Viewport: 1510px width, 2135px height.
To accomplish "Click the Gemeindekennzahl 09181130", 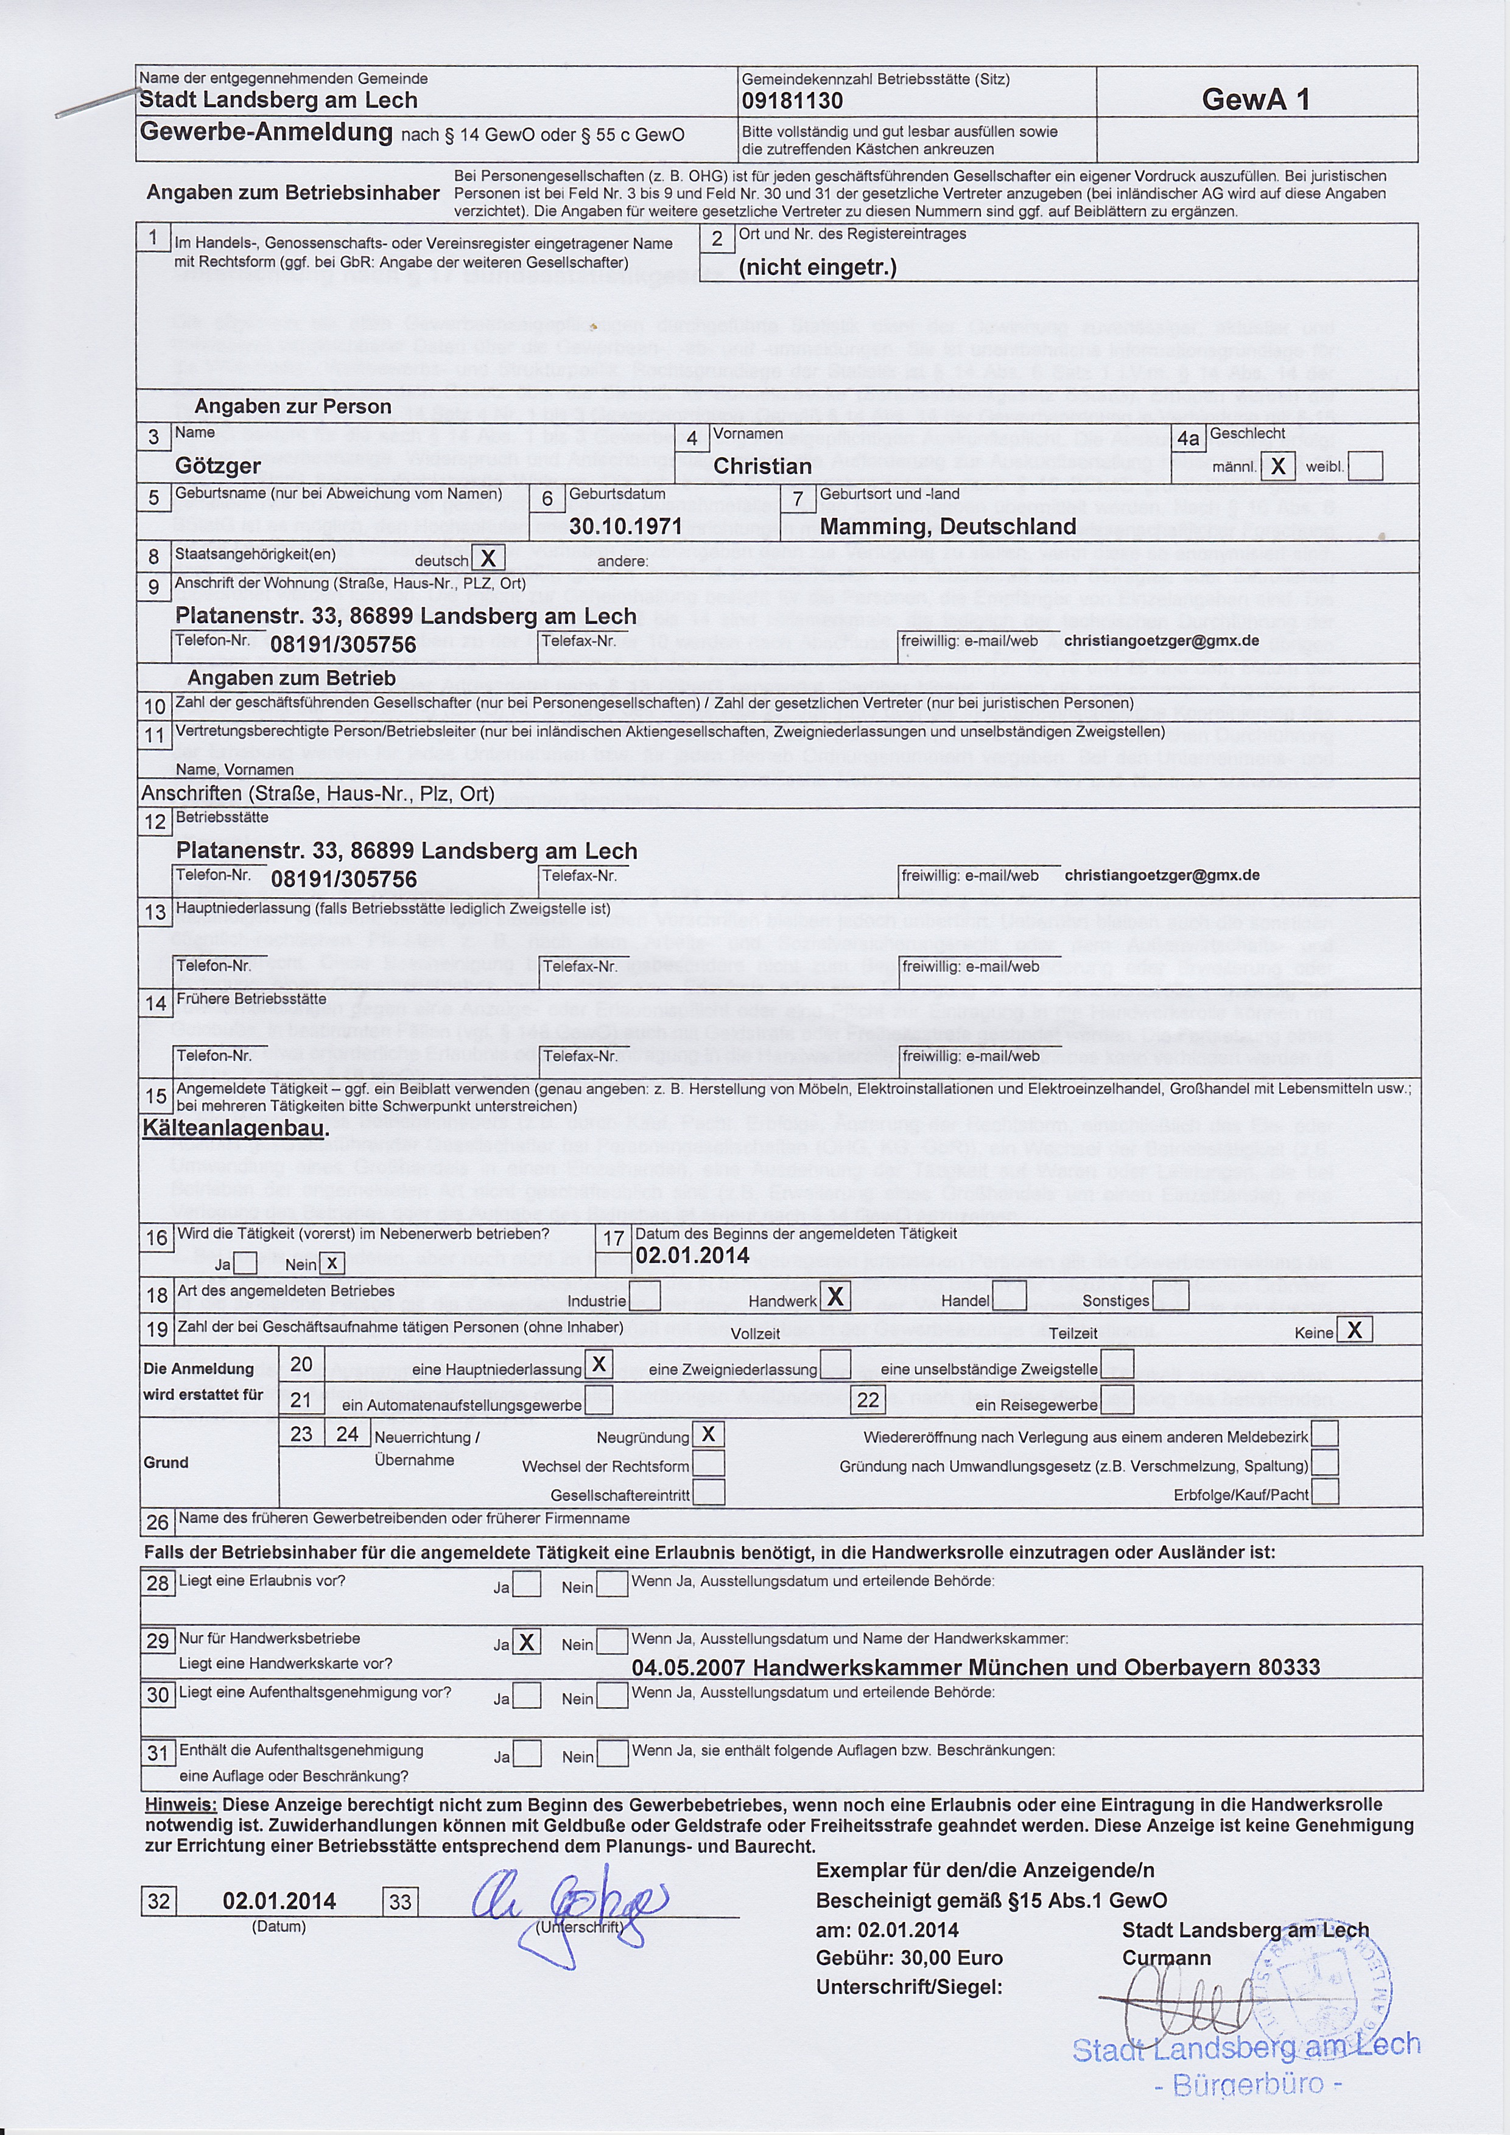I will click(x=793, y=100).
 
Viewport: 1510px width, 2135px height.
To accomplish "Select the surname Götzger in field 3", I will click(x=218, y=465).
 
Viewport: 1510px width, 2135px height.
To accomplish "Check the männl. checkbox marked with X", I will click(x=1279, y=466).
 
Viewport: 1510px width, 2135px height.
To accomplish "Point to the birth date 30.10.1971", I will click(x=626, y=526).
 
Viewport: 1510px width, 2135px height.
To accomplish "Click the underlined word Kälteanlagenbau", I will click(x=234, y=1128).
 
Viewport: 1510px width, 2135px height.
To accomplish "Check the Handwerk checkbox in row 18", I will click(x=835, y=1296).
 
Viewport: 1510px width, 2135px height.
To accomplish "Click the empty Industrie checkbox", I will click(x=645, y=1296).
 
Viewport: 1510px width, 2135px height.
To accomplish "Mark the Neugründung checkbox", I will click(x=708, y=1435).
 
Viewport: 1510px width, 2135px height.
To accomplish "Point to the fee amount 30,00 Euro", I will click(x=951, y=1957).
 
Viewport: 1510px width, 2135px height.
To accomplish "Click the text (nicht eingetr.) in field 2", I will click(x=817, y=268).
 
